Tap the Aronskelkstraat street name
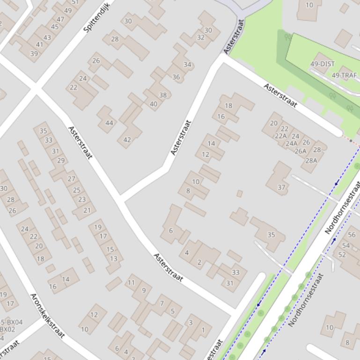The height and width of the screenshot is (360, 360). tap(47, 315)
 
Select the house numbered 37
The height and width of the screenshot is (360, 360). tap(281, 187)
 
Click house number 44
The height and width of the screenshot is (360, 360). tap(109, 123)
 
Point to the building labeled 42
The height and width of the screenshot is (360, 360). tap(127, 139)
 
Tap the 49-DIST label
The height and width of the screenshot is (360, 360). tap(323, 64)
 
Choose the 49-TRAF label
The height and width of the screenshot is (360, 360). tap(344, 75)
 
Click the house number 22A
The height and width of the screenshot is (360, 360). tap(280, 136)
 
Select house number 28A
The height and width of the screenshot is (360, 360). tap(311, 160)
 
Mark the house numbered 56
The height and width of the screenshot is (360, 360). tap(352, 235)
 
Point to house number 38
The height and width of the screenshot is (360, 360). tap(162, 95)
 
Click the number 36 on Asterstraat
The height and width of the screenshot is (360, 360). tap(176, 77)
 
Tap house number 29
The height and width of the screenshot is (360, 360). tap(61, 160)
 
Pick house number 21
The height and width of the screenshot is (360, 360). tap(87, 210)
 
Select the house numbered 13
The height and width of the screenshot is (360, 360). tap(114, 259)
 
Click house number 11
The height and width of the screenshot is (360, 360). tap(131, 282)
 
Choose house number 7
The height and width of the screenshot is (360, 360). tap(162, 303)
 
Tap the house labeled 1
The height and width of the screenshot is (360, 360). tap(203, 331)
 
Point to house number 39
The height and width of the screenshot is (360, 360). tap(34, 54)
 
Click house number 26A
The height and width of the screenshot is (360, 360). tap(301, 151)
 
